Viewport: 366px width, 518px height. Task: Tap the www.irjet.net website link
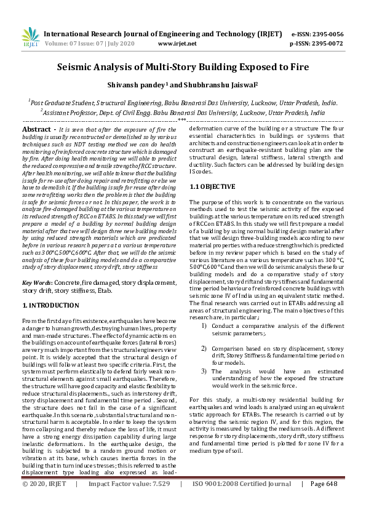tap(177, 44)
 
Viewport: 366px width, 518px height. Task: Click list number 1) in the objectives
tap(204, 325)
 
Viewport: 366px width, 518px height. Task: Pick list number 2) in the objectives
tap(204, 348)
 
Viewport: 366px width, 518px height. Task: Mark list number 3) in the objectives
tap(204, 371)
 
